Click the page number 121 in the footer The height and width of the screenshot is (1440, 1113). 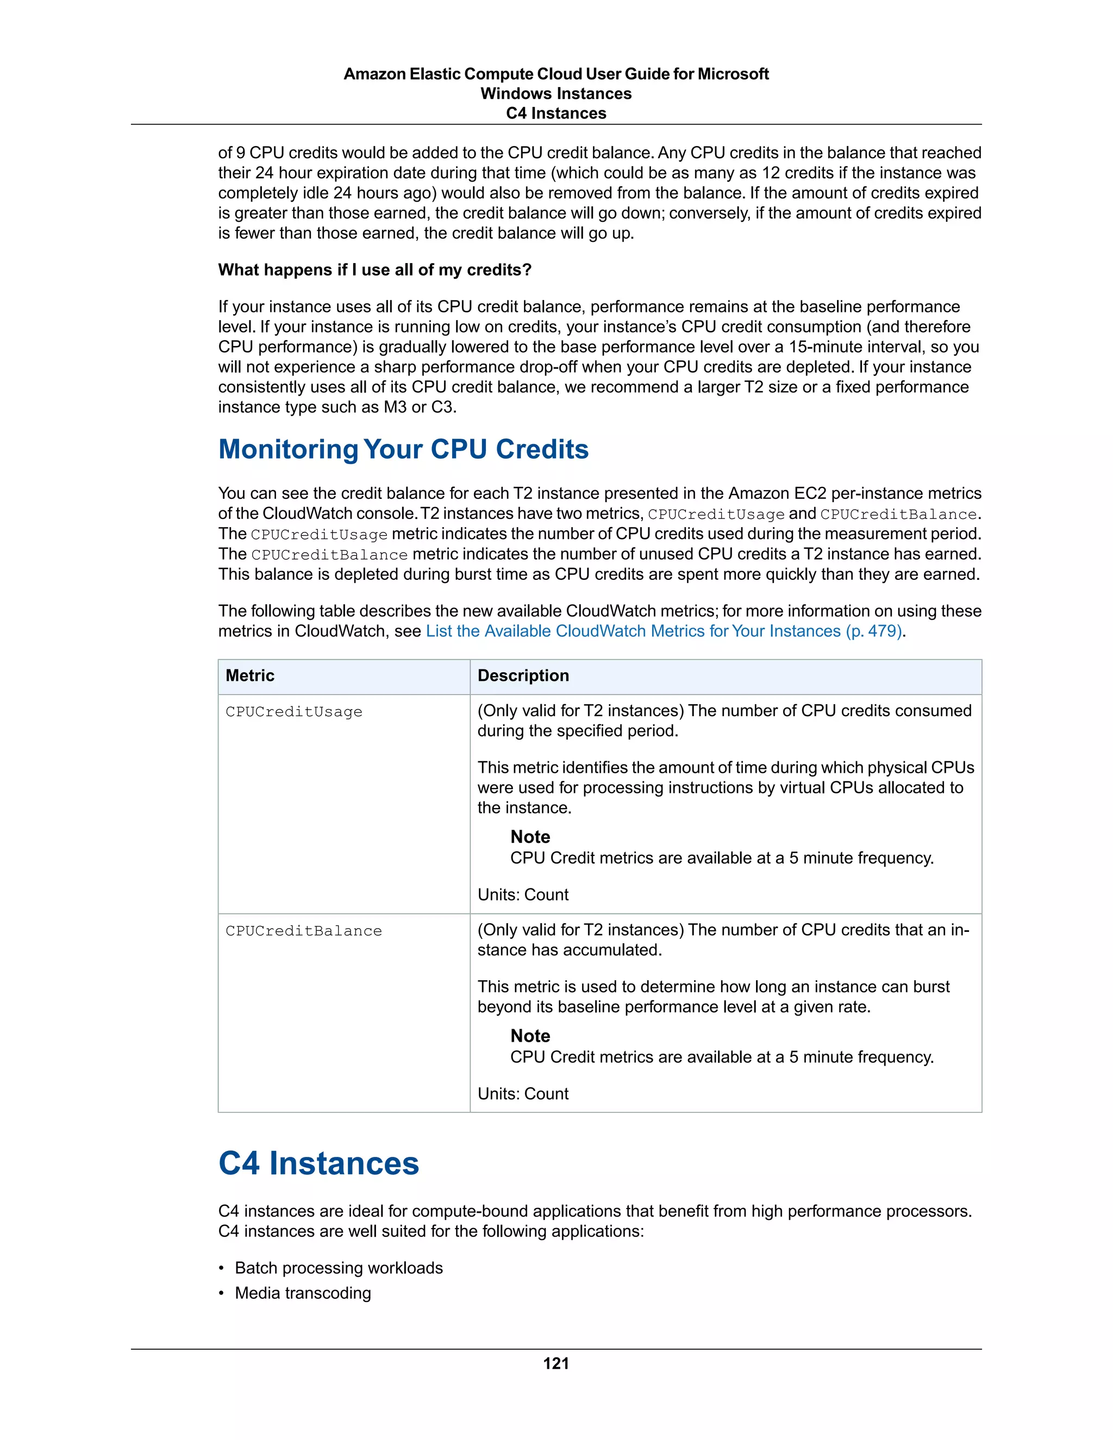tap(556, 1363)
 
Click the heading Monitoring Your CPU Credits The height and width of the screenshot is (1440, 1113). tap(403, 449)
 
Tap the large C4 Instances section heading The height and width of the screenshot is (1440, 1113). tap(318, 1163)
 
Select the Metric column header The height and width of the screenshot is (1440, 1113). tap(250, 676)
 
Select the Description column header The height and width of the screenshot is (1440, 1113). tap(523, 676)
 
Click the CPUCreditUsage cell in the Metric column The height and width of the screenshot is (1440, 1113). tap(294, 712)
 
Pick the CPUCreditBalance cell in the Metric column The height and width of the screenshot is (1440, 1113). tap(303, 931)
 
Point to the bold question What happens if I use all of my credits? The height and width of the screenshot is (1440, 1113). tap(374, 270)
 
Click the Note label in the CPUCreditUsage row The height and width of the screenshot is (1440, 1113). tap(530, 837)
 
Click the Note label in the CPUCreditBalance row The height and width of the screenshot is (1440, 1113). tap(530, 1036)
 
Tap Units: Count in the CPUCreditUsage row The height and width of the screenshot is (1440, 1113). tap(523, 895)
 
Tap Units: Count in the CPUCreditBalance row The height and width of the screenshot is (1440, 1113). tap(523, 1094)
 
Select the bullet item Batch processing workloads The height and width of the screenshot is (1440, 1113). tap(338, 1268)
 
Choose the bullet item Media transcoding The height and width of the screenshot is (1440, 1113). tap(303, 1293)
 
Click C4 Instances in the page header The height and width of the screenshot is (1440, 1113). tap(556, 114)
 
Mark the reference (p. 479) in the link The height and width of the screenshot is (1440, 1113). tap(874, 631)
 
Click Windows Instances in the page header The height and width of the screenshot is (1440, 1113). tap(556, 93)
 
